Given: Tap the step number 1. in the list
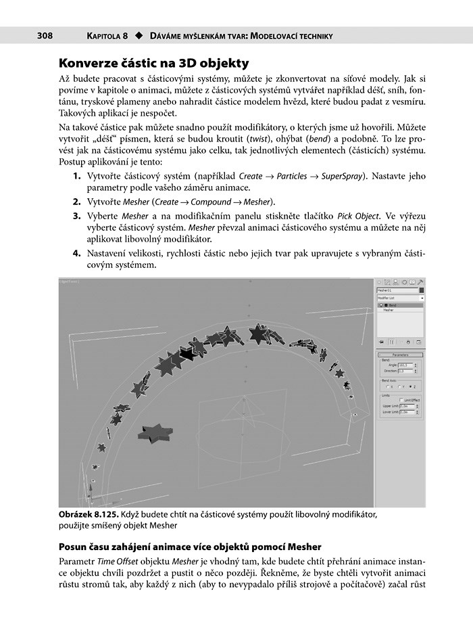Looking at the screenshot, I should [x=77, y=177].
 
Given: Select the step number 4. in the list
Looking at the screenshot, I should [x=77, y=253].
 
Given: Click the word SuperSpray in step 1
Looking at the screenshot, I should [x=345, y=177].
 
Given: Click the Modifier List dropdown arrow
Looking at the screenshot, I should [x=422, y=298].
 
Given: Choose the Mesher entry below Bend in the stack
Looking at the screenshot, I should [x=389, y=311].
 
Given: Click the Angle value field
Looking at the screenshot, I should [x=405, y=365].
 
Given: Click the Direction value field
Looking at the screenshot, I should [x=405, y=371].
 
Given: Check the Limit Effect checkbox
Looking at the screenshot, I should [x=401, y=400].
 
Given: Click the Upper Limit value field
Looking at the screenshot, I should [x=406, y=406].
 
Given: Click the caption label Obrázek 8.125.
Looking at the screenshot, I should [x=84, y=515].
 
